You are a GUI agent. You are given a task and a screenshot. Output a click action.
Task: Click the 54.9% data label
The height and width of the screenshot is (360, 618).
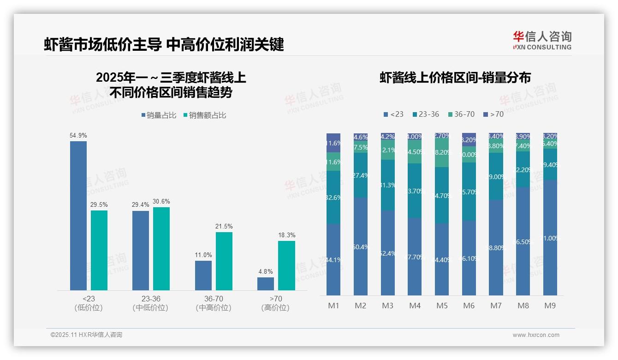click(78, 136)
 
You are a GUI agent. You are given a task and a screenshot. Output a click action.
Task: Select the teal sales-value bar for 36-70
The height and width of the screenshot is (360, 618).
click(224, 261)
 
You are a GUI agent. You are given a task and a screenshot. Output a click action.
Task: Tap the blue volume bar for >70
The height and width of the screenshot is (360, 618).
click(266, 283)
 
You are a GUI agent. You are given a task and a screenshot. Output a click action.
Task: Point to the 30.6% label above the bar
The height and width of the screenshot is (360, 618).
click(161, 202)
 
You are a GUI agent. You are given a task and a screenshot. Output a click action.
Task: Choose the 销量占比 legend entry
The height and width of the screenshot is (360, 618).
click(159, 115)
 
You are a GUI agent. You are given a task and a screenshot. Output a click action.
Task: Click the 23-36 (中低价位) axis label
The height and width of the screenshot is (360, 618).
click(151, 303)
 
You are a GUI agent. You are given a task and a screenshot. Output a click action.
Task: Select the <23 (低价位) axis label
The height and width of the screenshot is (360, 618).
click(89, 303)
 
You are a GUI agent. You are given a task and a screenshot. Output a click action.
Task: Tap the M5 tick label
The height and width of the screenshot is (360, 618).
click(442, 306)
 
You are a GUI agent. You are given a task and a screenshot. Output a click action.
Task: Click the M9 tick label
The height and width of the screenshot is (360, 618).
click(550, 306)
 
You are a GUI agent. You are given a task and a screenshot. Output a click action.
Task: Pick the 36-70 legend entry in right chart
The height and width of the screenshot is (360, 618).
click(461, 114)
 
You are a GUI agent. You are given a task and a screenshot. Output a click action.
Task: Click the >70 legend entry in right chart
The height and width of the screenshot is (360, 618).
click(493, 114)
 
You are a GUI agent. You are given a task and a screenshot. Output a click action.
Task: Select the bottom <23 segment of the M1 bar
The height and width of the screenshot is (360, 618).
click(333, 259)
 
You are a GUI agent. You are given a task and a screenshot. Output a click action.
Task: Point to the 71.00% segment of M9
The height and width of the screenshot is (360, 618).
click(550, 238)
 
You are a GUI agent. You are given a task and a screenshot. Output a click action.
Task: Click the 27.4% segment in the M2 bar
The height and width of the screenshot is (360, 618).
click(360, 175)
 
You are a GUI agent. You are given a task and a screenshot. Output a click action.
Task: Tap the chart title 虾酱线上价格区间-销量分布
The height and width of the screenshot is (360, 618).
click(455, 78)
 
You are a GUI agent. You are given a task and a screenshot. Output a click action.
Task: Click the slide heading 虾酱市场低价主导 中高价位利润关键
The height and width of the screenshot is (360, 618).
click(164, 44)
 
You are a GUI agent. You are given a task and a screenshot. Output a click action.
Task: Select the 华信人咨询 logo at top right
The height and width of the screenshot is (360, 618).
click(542, 40)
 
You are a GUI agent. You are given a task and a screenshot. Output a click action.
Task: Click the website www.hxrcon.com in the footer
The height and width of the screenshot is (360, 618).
click(536, 335)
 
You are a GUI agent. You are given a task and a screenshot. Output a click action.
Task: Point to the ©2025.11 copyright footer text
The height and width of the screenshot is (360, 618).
click(86, 335)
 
